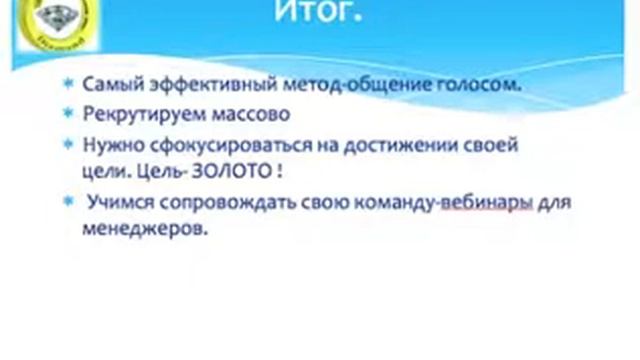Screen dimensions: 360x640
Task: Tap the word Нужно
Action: (108, 144)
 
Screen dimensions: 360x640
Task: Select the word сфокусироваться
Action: (201, 144)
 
